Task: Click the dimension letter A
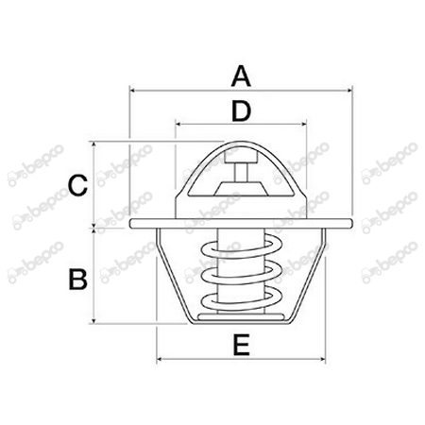pyautogui.click(x=241, y=73)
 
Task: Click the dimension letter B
pyautogui.click(x=79, y=279)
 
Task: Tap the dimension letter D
pyautogui.click(x=242, y=111)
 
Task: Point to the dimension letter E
pyautogui.click(x=241, y=347)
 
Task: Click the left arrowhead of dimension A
pyautogui.click(x=130, y=92)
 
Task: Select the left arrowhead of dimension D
pyautogui.click(x=178, y=125)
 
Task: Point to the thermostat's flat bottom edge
pyautogui.click(x=242, y=324)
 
